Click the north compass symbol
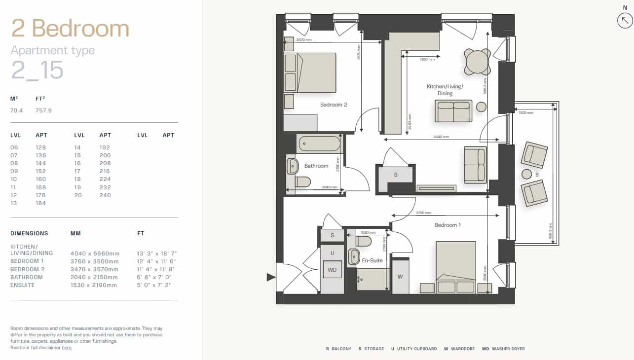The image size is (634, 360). [625, 20]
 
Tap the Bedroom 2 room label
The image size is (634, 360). [334, 105]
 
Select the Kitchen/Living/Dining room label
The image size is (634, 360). [445, 90]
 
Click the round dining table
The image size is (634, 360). [477, 62]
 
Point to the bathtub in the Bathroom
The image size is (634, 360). [319, 144]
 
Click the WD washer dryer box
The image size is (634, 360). [332, 270]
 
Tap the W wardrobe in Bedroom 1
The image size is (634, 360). [400, 277]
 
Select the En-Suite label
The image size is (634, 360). [373, 260]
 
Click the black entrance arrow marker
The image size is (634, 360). [271, 277]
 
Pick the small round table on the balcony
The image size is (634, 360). [526, 174]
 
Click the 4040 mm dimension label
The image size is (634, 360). [441, 137]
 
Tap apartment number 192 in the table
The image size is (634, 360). [104, 147]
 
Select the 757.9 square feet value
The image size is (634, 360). [43, 110]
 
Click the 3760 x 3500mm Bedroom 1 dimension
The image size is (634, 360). [95, 261]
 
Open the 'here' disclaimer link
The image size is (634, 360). [66, 348]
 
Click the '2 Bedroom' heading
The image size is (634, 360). [70, 29]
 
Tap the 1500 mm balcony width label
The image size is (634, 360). [526, 113]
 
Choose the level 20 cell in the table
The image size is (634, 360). [78, 195]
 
